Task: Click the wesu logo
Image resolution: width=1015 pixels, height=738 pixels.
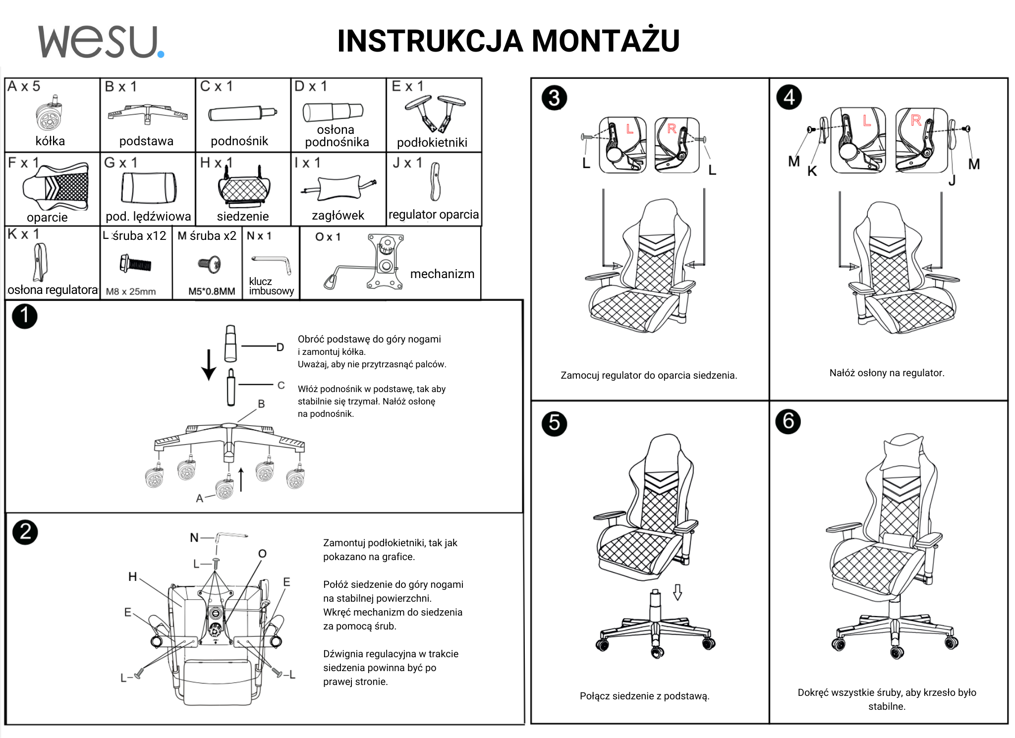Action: click(x=101, y=42)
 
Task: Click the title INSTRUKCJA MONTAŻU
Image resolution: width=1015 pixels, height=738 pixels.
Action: click(x=508, y=41)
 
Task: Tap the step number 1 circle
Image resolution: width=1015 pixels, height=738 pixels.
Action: click(x=24, y=316)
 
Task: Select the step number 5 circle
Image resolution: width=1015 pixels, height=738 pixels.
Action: click(x=554, y=423)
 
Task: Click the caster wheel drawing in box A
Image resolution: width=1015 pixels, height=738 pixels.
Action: click(x=49, y=115)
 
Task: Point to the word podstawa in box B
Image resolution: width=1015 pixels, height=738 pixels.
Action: click(x=146, y=141)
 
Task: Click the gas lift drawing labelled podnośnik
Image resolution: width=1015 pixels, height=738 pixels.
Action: click(x=242, y=113)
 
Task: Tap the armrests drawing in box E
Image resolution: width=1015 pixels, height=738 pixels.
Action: click(x=435, y=113)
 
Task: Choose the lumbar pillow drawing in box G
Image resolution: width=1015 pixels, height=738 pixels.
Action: click(x=149, y=188)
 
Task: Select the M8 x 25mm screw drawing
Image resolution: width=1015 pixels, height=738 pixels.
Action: click(x=135, y=263)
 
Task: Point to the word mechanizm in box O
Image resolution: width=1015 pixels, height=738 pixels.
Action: click(x=442, y=274)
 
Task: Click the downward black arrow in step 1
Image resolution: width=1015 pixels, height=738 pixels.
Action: click(x=209, y=365)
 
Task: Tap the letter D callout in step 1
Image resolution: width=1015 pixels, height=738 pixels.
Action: click(x=280, y=347)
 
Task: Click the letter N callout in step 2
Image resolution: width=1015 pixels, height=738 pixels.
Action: click(x=194, y=537)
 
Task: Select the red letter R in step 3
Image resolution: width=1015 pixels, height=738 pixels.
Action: click(x=672, y=129)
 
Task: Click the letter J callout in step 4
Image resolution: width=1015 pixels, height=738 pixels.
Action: click(x=952, y=180)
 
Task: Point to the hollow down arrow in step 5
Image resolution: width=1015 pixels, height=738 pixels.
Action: click(x=677, y=592)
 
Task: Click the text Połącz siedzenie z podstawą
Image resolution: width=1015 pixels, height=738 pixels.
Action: click(x=644, y=696)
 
